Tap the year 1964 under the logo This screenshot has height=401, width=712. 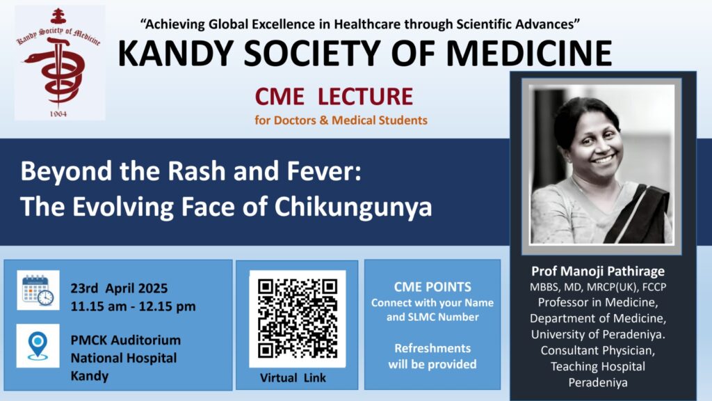click(58, 113)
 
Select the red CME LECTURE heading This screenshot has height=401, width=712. click(334, 96)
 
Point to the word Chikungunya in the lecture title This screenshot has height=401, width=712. click(353, 207)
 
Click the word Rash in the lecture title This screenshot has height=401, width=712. click(197, 171)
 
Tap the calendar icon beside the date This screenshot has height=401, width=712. click(38, 290)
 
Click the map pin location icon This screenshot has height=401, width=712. click(38, 346)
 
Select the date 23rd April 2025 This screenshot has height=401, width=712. click(119, 288)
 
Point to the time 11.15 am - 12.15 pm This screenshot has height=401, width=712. click(133, 306)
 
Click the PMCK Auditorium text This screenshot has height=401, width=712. click(126, 340)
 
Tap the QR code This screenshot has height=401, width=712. click(298, 319)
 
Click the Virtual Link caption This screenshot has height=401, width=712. click(293, 378)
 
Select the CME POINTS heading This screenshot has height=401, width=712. click(432, 287)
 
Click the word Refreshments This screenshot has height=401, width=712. click(432, 348)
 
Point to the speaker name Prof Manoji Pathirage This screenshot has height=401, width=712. click(598, 272)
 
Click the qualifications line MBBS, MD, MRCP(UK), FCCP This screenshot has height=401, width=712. click(598, 288)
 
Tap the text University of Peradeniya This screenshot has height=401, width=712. click(598, 335)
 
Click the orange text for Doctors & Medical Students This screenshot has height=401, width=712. click(341, 120)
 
